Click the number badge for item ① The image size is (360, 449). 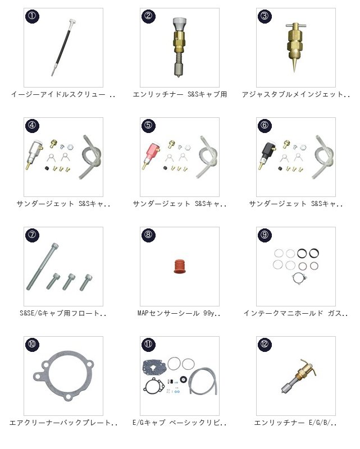pos(32,16)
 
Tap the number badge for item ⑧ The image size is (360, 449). pos(148,235)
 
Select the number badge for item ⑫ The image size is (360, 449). pos(265,344)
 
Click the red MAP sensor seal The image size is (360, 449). pos(179,266)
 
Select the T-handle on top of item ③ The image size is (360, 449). pos(296,25)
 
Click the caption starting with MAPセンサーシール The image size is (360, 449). pos(179,313)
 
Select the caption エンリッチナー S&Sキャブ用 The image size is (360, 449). pos(180,94)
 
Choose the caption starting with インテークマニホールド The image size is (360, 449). pos(296,313)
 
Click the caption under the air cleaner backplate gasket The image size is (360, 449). pos(63,423)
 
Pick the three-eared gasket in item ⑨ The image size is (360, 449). pos(299,278)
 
